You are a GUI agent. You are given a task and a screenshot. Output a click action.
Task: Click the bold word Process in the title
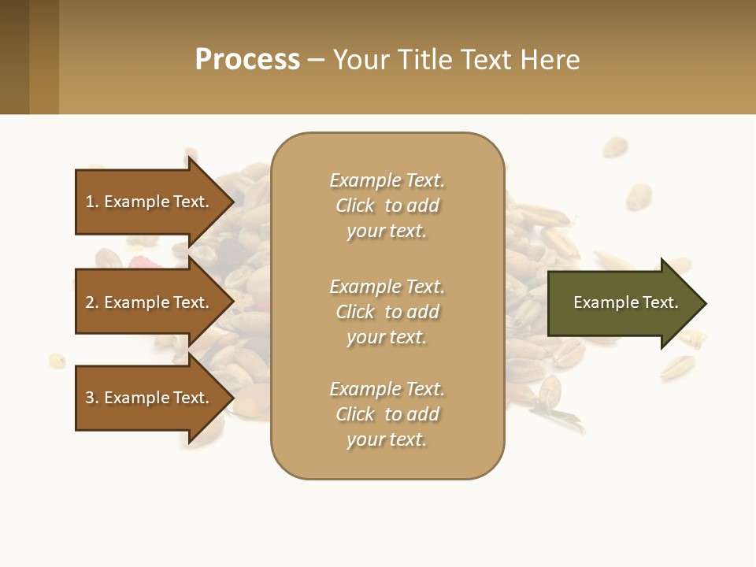point(247,60)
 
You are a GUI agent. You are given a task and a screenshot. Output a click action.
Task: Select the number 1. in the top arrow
point(91,202)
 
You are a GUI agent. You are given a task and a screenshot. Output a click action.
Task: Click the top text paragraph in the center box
point(387,206)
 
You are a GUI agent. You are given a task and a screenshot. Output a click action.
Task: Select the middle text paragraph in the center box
point(387,312)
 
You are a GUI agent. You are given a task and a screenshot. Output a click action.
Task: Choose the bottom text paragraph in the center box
point(387,414)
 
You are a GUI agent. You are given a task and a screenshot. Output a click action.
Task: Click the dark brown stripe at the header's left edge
point(14,57)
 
